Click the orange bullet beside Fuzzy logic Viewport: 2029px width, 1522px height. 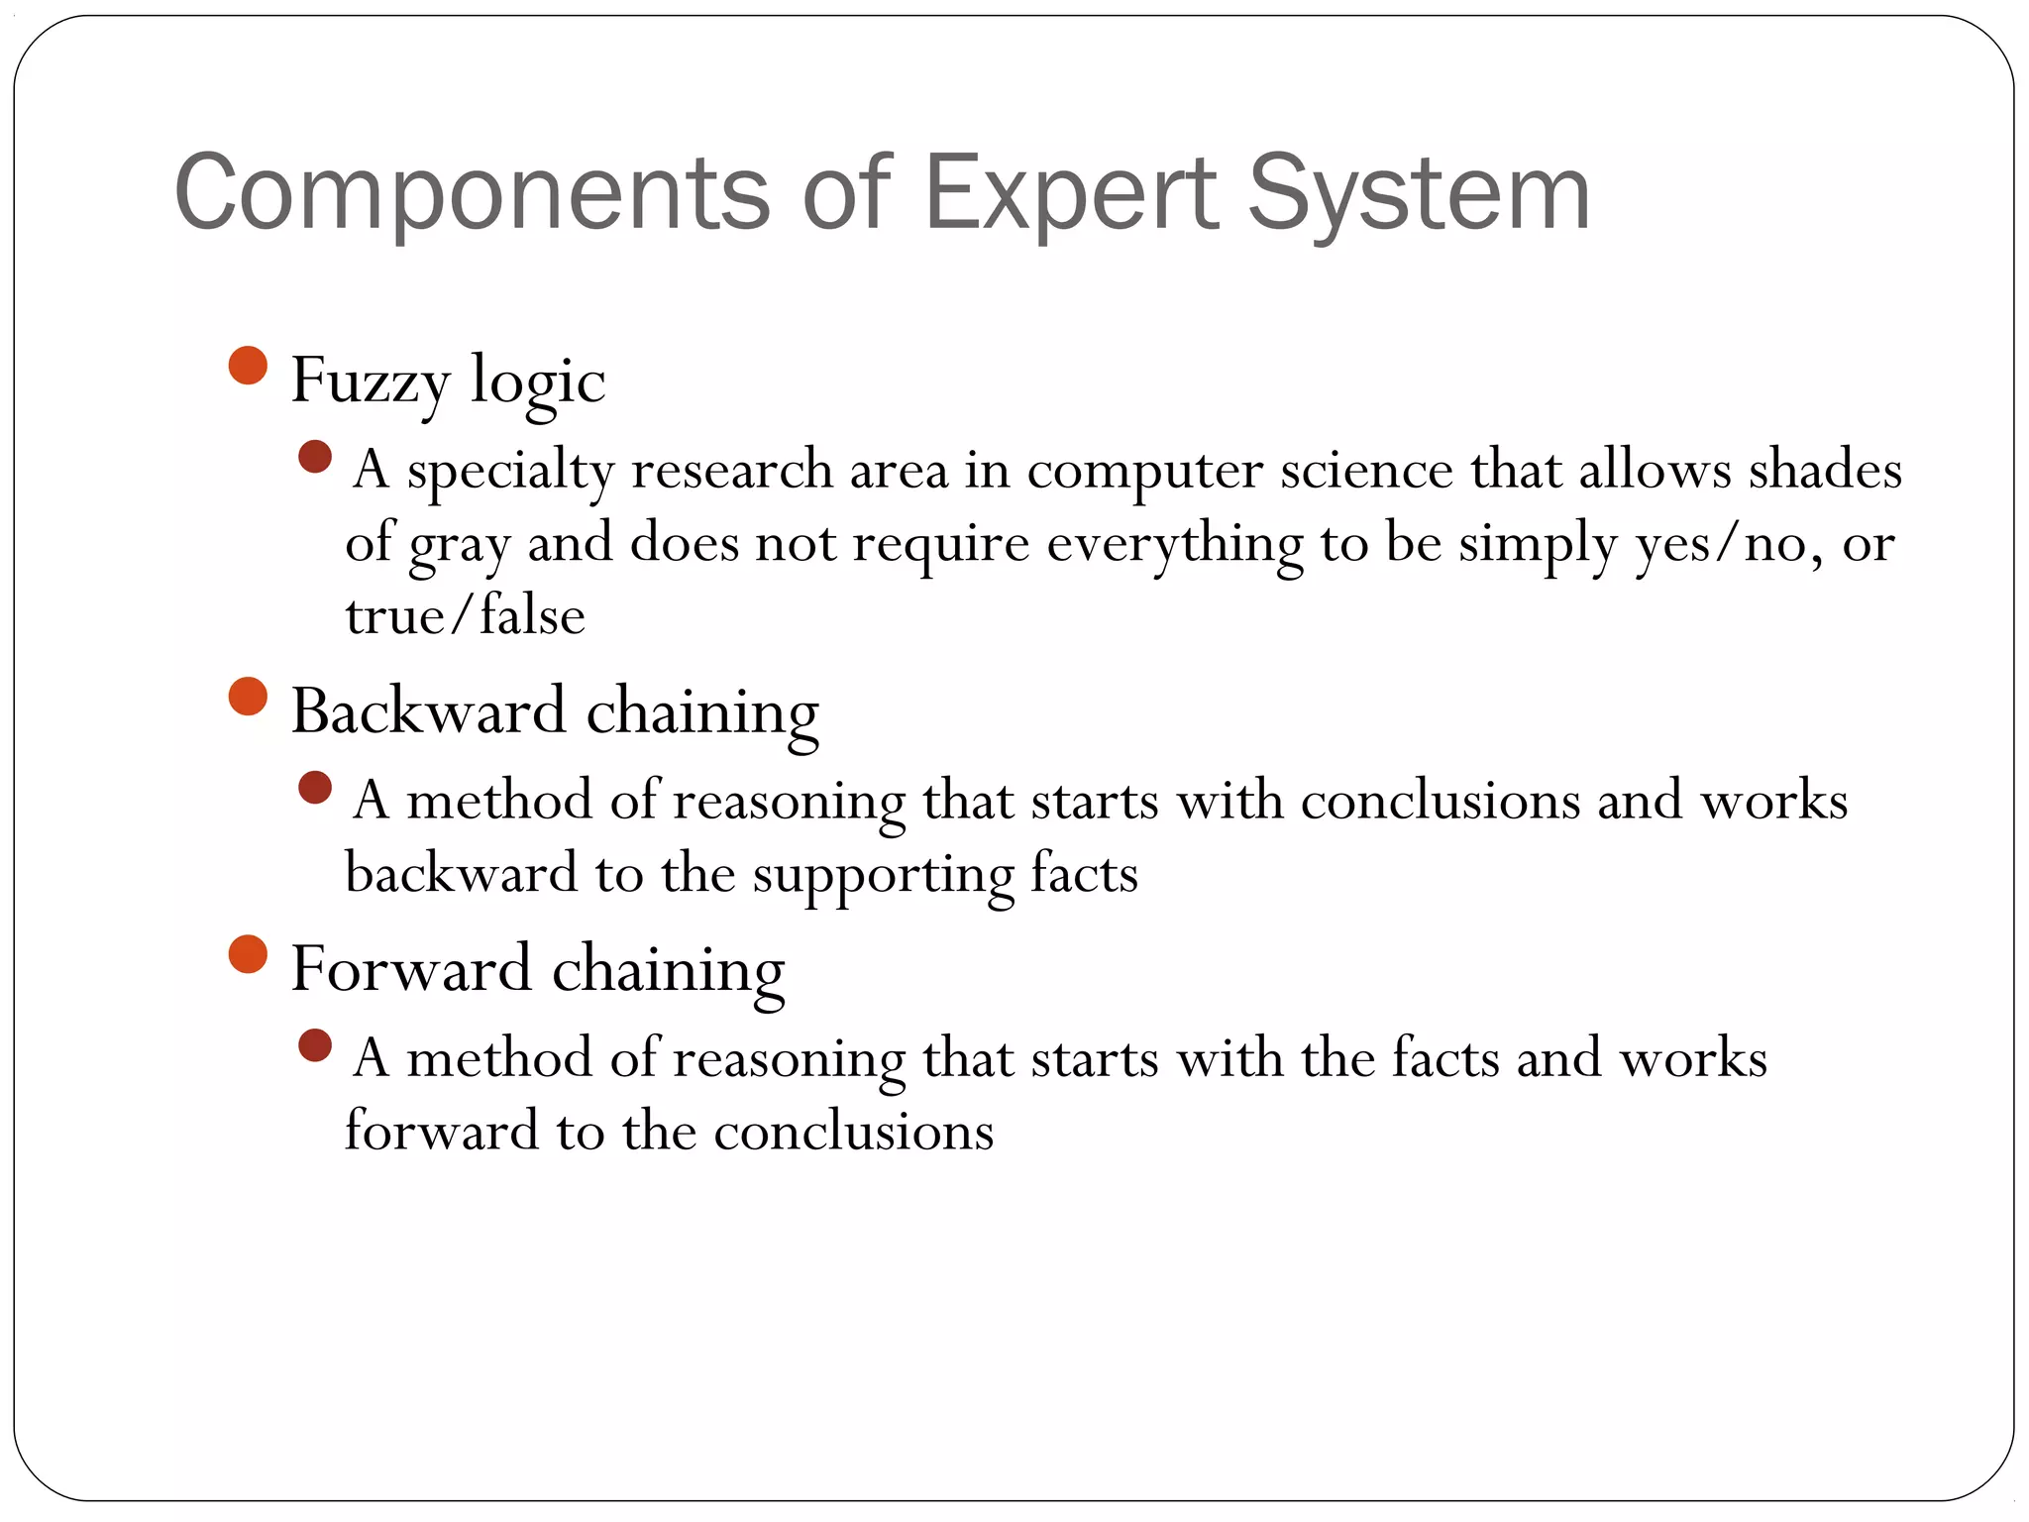[x=248, y=366]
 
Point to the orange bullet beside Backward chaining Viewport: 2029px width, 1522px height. [x=248, y=697]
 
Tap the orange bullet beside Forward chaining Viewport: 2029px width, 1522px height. [x=248, y=954]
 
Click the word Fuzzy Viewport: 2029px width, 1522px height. [x=371, y=381]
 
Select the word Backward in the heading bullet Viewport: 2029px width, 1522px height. [x=428, y=711]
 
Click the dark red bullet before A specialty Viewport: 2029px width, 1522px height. [x=314, y=457]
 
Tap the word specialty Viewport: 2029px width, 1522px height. [x=510, y=471]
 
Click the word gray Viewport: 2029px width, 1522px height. [x=459, y=544]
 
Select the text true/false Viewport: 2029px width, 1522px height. [x=465, y=616]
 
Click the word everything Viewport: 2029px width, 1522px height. [x=1174, y=544]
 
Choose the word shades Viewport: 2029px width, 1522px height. [x=1825, y=471]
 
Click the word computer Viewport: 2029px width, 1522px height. [x=1144, y=471]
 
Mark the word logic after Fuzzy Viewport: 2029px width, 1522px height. [x=537, y=381]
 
